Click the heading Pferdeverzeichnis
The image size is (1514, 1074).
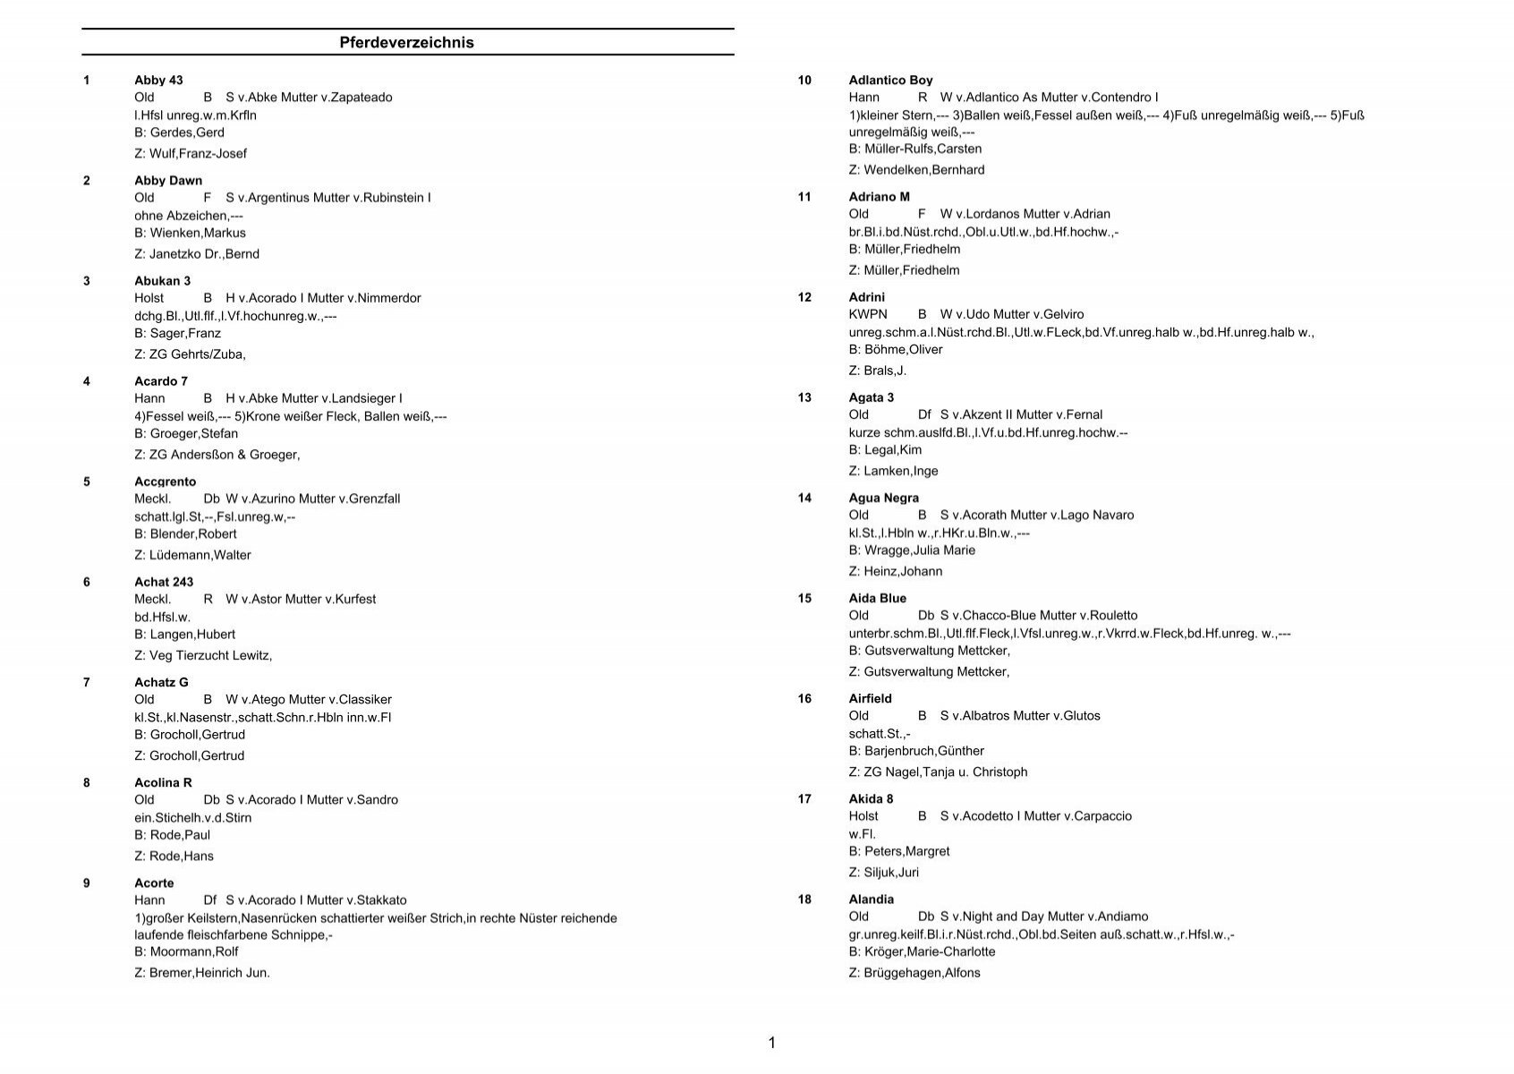click(406, 42)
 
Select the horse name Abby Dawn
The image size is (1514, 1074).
click(168, 181)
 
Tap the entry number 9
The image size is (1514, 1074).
click(87, 883)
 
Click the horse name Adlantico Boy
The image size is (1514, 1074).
click(890, 81)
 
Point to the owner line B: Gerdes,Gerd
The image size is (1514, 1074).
click(179, 132)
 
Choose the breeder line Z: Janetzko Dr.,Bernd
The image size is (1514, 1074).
click(197, 254)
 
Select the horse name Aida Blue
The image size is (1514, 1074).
click(877, 599)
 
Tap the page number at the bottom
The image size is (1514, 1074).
click(771, 1043)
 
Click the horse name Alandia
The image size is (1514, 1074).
click(871, 899)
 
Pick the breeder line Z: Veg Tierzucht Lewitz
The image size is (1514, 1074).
click(203, 656)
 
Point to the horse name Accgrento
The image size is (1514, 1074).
click(165, 482)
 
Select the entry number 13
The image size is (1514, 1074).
click(804, 397)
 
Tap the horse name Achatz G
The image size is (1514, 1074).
click(161, 683)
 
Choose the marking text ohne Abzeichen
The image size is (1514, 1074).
click(188, 216)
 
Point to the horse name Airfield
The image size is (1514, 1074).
click(870, 699)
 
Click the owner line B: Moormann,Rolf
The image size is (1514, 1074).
click(186, 952)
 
